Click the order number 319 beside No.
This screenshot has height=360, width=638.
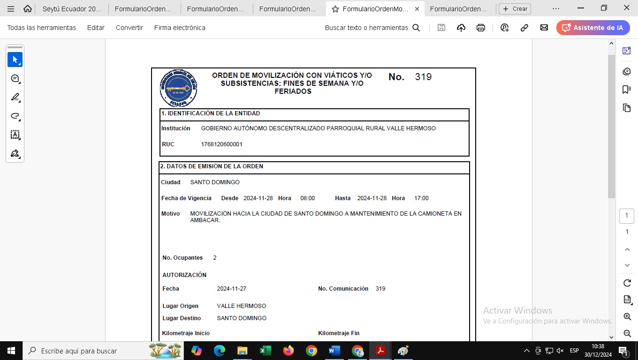point(423,77)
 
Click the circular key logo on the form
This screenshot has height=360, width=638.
point(178,88)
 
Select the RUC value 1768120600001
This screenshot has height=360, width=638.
point(221,144)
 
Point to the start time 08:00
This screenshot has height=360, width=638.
point(308,198)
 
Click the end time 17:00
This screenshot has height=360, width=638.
point(421,198)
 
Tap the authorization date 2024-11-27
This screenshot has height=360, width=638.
point(231,289)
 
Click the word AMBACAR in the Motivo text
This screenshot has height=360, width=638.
point(205,220)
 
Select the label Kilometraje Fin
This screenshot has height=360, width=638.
point(339,333)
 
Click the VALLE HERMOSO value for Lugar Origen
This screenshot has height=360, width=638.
point(241,306)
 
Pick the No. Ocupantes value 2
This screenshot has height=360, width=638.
point(215,258)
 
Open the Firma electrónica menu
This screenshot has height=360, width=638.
point(180,28)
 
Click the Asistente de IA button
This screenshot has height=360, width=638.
point(593,28)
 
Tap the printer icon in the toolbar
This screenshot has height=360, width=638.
point(480,28)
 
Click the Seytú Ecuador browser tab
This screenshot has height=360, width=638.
point(71,8)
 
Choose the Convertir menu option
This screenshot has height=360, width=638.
point(129,28)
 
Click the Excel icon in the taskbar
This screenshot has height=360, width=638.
point(265,351)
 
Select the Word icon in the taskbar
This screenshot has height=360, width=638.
point(334,351)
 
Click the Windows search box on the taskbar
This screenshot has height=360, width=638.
point(84,351)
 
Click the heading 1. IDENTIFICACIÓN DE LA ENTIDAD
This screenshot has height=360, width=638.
point(211,113)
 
